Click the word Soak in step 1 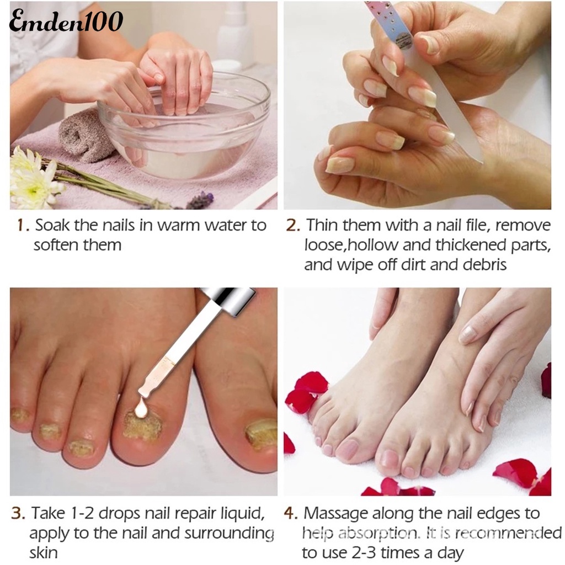pyautogui.click(x=51, y=226)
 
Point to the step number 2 pyautogui.click(x=293, y=226)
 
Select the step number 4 pyautogui.click(x=291, y=514)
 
